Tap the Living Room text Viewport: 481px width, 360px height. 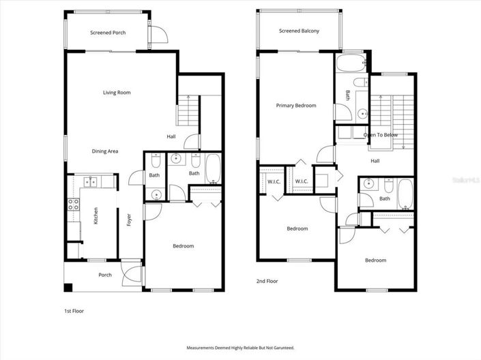tap(117, 93)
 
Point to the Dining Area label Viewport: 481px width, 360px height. tap(106, 151)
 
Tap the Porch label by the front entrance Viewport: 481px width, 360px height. tap(105, 275)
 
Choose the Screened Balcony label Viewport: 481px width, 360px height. tap(299, 31)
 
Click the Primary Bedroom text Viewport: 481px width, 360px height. tap(295, 106)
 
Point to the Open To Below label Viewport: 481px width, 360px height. tap(381, 135)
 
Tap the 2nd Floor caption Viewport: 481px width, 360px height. tap(266, 281)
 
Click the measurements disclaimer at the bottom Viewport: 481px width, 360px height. tap(240, 348)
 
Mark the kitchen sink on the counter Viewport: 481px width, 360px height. tap(89, 181)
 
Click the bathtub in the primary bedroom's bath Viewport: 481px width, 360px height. tap(351, 67)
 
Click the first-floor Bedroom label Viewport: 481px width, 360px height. tap(183, 246)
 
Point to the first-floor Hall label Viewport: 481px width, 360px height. tap(171, 136)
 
